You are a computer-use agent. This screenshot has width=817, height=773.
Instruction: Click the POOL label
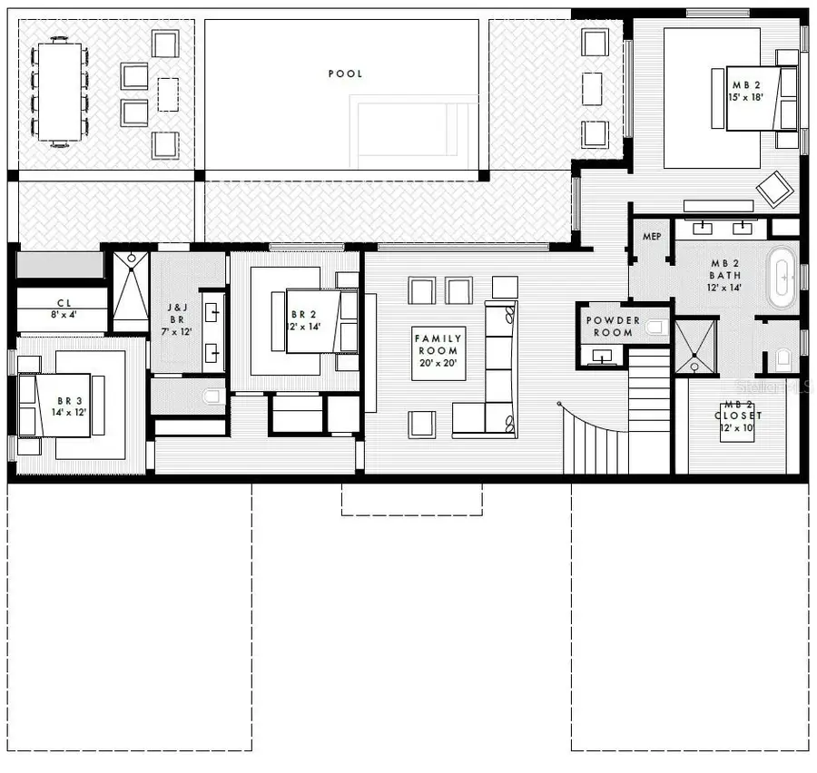tap(345, 73)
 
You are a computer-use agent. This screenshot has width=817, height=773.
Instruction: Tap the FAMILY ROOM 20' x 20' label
tap(438, 351)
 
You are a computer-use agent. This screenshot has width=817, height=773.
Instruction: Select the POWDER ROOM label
tap(613, 326)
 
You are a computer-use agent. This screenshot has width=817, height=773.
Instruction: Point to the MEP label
tap(652, 237)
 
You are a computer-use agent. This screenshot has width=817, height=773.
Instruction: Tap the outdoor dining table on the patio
tap(59, 92)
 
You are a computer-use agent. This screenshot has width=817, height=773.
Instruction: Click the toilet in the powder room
tap(656, 326)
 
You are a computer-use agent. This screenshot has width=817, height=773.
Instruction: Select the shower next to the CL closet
tap(130, 292)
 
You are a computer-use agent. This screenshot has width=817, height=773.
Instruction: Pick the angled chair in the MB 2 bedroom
tap(774, 189)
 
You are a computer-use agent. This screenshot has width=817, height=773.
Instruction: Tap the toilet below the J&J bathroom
tap(212, 396)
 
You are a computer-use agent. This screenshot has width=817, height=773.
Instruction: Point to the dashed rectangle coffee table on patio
tap(168, 93)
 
